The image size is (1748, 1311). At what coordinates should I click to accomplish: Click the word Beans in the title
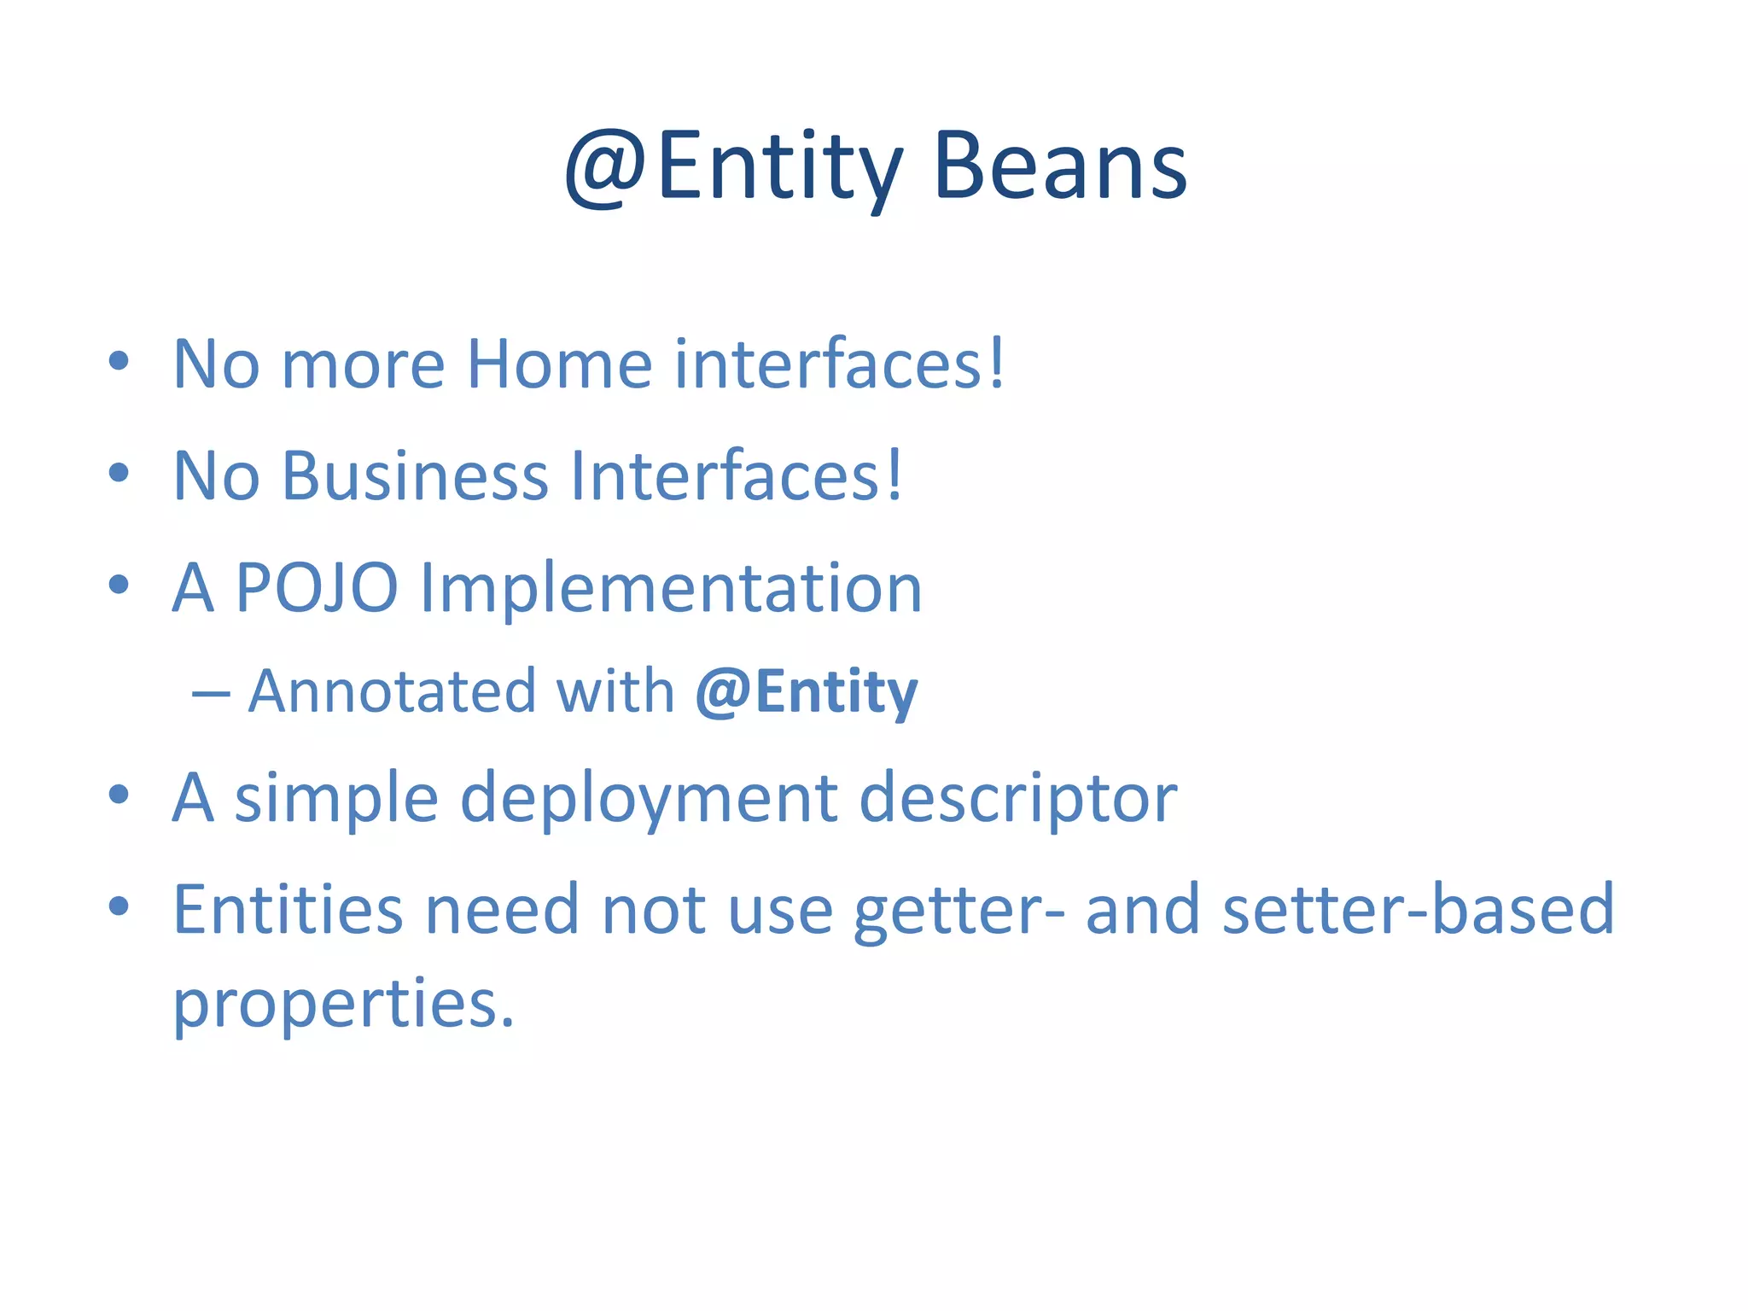pos(1059,166)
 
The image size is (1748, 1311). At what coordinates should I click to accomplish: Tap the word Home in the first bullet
pos(560,364)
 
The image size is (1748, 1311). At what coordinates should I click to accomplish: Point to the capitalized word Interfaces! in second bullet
pos(736,476)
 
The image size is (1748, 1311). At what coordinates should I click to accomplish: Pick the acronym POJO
pos(317,588)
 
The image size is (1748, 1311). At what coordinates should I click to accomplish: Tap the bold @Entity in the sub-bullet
pos(806,692)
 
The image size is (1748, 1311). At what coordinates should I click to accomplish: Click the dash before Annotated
pos(211,694)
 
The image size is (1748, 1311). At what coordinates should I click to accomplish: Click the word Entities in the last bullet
pos(288,910)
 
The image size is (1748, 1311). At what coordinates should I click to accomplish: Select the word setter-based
pos(1418,910)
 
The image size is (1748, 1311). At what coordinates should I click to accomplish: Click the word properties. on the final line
pos(343,1005)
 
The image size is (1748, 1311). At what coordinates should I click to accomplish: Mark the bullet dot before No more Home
pos(119,361)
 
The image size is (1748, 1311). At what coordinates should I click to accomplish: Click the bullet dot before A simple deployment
pos(119,795)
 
